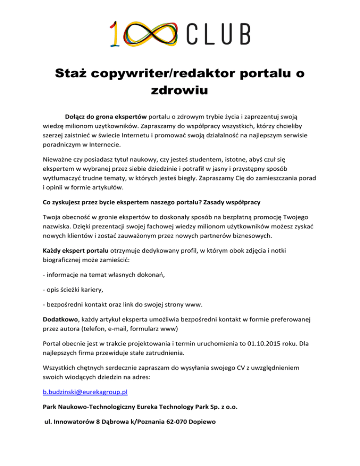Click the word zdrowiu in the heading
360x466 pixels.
(180, 90)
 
